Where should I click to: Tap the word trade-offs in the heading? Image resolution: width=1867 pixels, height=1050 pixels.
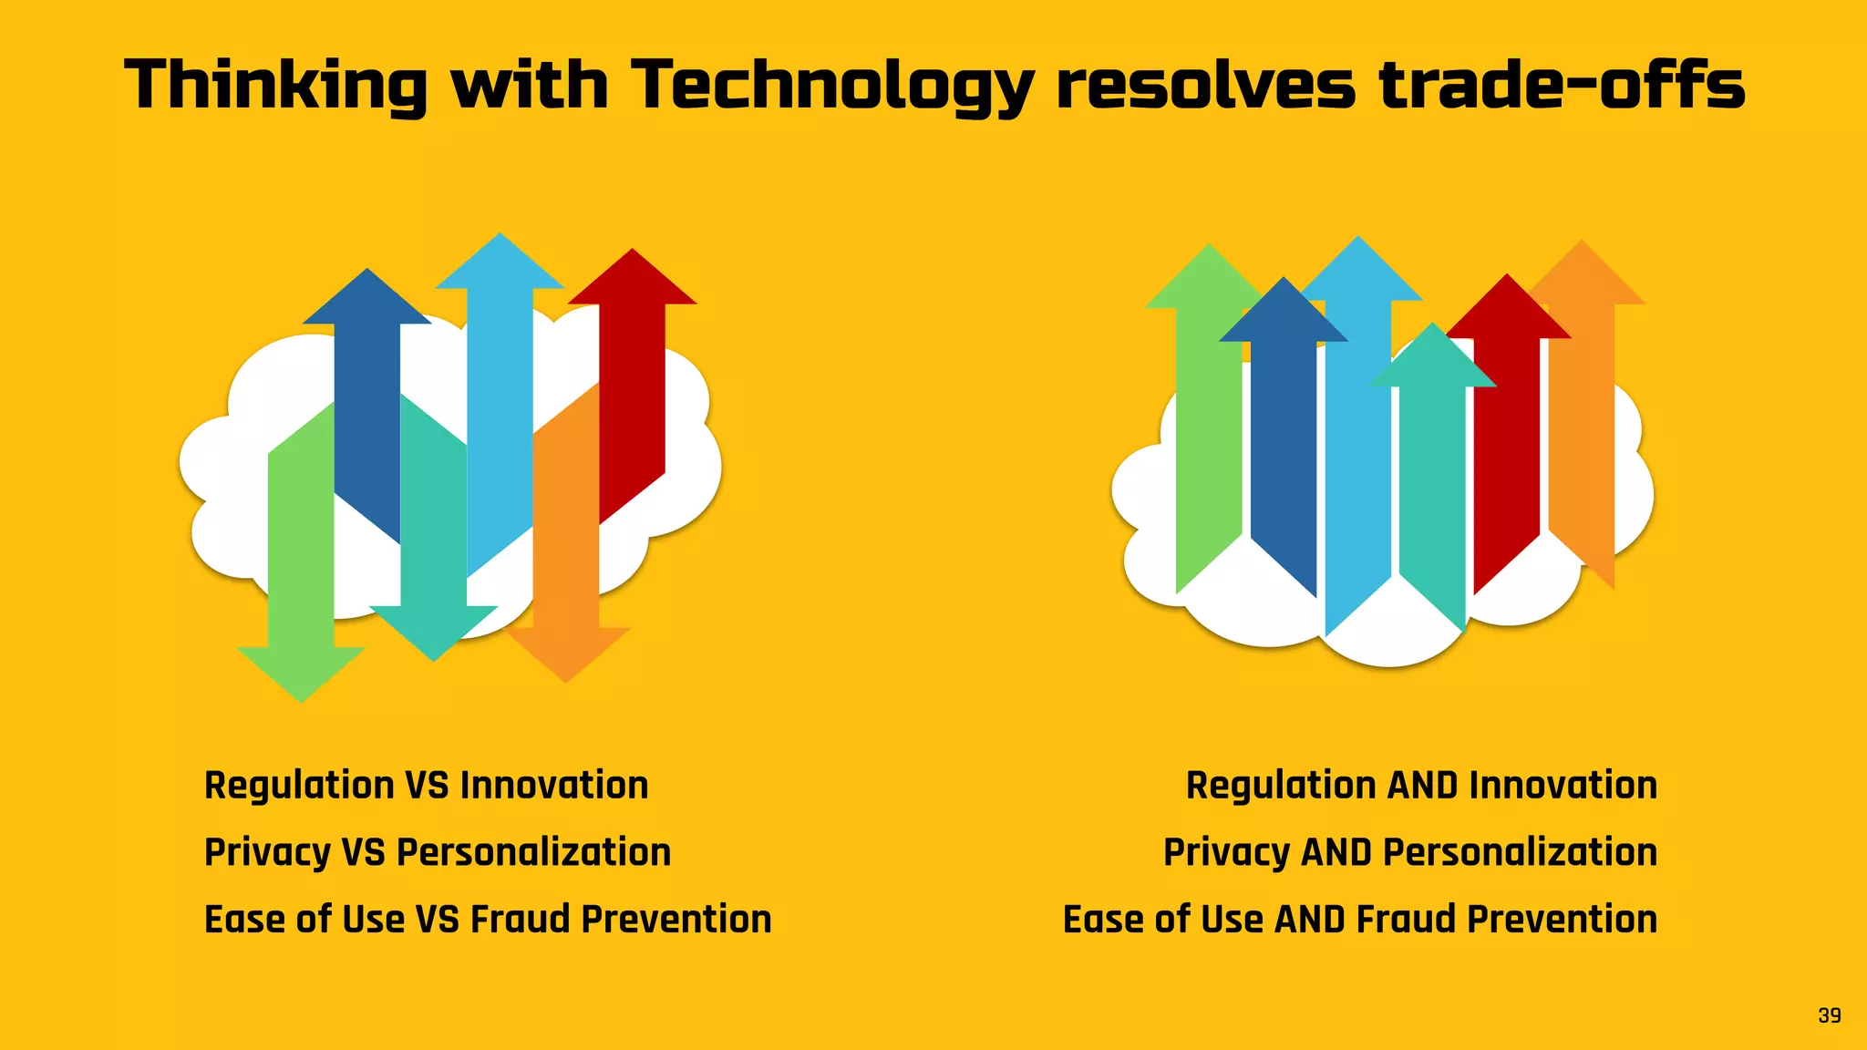tap(1562, 85)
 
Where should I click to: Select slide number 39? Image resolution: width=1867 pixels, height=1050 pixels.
tap(1829, 1015)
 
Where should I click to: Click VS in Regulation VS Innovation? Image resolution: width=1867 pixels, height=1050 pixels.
tap(426, 786)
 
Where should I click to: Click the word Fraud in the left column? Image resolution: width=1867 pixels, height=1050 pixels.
tap(521, 920)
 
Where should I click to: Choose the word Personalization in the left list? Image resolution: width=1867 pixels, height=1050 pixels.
tap(533, 853)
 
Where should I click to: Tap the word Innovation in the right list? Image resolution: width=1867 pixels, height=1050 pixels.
tap(1563, 786)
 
